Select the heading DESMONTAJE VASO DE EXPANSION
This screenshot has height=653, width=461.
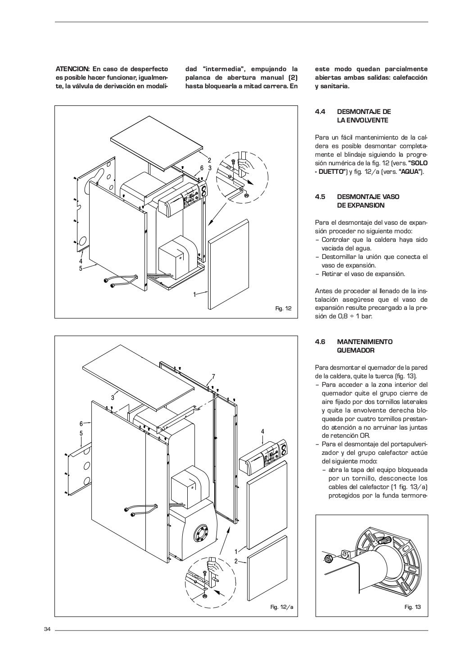(368, 201)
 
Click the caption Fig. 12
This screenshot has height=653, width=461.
(284, 308)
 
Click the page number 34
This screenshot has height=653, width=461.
(47, 629)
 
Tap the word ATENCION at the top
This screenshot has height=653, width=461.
(72, 69)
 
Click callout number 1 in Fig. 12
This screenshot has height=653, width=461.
(194, 294)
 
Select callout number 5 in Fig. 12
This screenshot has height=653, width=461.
(81, 268)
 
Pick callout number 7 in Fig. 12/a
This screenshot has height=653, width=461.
(213, 376)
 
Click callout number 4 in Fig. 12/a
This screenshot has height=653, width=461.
(262, 432)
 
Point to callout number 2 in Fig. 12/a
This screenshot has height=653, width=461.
(235, 561)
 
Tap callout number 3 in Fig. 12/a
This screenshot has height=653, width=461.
(113, 397)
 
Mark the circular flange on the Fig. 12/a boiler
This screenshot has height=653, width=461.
(200, 535)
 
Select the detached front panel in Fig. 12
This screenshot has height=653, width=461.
(229, 266)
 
